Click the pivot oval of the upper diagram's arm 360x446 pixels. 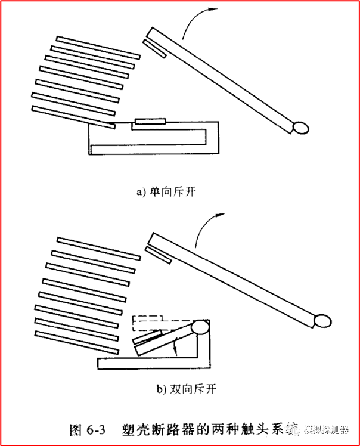point(300,127)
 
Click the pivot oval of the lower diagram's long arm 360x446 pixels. point(322,320)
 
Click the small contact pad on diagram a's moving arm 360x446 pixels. point(154,48)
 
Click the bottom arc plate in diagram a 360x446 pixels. point(72,117)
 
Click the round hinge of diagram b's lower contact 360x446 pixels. point(200,328)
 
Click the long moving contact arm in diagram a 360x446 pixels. point(226,81)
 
